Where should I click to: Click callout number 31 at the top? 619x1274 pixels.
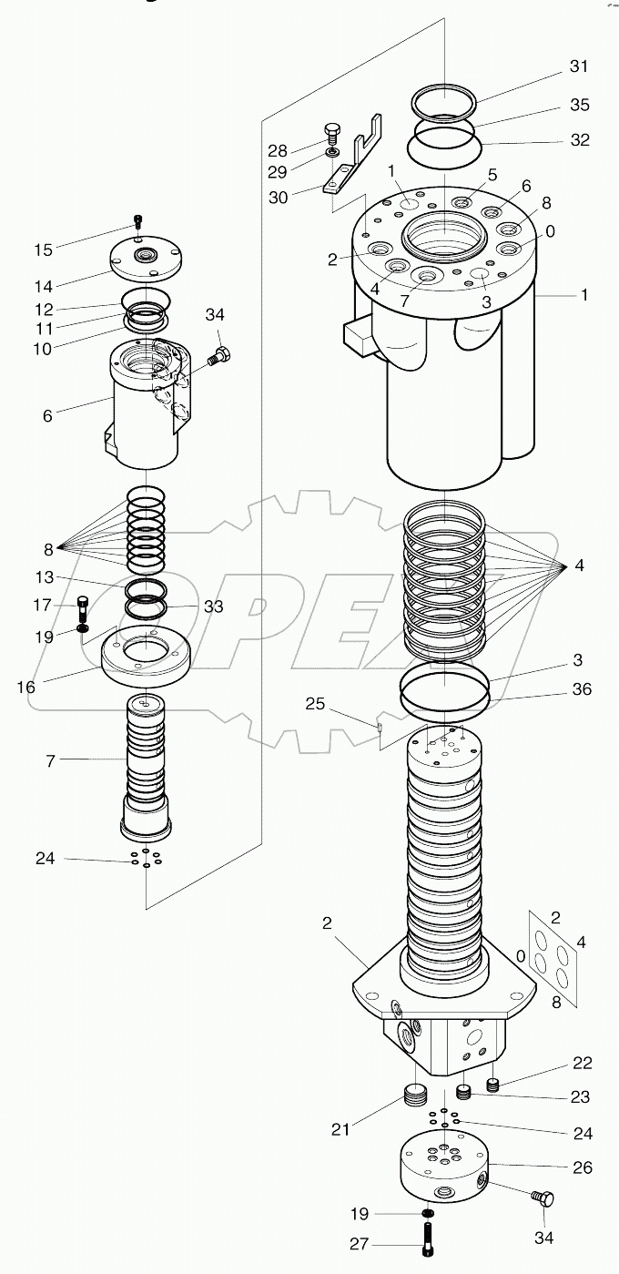click(x=579, y=66)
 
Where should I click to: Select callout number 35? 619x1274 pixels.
click(x=579, y=105)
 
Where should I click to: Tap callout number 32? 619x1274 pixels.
click(x=579, y=140)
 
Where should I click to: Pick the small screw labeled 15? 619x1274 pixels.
click(x=137, y=219)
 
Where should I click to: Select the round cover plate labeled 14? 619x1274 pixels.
click(x=147, y=260)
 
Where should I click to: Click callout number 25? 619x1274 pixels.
click(x=314, y=704)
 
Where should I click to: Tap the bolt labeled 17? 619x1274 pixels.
click(x=84, y=605)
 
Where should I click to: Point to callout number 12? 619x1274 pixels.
click(x=45, y=310)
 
